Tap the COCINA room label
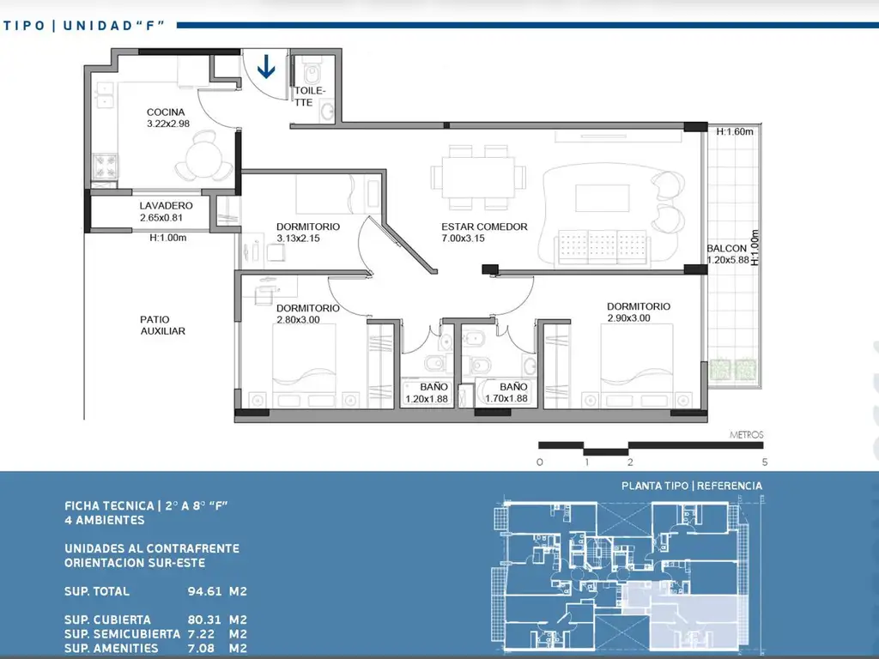pos(166,112)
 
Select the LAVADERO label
pos(166,206)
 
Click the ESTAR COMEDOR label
pos(484,227)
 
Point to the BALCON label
pos(726,248)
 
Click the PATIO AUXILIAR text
pos(162,325)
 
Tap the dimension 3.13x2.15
pos(298,239)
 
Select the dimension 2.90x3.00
pos(629,317)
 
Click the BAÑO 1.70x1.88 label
pos(506,392)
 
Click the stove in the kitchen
pos(105,166)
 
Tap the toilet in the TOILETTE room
pos(312,72)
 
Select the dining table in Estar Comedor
pos(478,177)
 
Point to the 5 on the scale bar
pos(764,463)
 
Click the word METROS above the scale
pos(746,434)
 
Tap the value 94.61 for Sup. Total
pos(204,591)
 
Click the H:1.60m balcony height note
pos(735,131)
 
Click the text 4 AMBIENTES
pos(104,520)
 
